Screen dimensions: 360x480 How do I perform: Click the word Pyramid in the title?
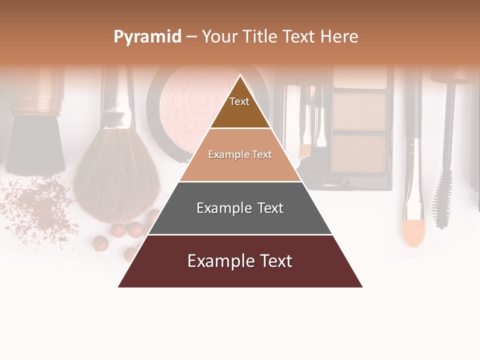coord(147,37)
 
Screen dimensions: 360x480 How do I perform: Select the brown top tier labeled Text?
coord(240,107)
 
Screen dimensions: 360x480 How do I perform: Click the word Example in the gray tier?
coord(221,208)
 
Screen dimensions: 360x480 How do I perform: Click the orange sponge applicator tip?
coord(413,232)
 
